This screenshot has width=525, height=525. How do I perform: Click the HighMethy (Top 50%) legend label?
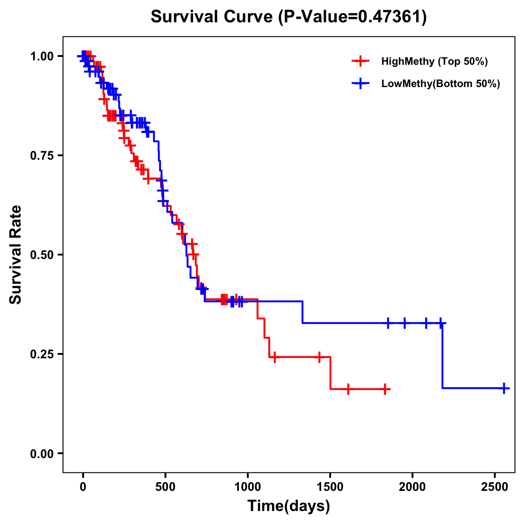coord(434,61)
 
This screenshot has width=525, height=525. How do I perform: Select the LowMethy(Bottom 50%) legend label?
coord(441,84)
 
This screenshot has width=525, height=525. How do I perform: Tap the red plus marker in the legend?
coord(360,61)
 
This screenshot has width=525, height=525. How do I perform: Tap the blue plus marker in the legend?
coord(360,84)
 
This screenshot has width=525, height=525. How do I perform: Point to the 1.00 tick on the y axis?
coord(42,56)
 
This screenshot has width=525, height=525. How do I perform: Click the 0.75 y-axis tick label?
coord(42,155)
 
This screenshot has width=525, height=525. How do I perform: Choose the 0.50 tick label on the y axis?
coord(42,255)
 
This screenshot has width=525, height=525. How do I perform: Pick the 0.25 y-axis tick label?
coord(42,354)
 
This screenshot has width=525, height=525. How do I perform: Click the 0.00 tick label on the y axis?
coord(42,453)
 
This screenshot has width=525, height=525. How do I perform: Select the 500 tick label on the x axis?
coord(165,485)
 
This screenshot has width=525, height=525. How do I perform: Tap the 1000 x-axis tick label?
coord(248,485)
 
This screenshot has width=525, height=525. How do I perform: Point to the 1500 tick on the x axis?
coord(330,485)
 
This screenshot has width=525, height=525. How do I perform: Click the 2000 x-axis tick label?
coord(412,485)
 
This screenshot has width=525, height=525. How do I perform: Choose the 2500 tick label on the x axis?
coord(494,485)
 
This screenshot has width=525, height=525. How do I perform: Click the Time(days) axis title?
coord(289,506)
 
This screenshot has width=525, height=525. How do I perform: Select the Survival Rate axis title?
coord(16,255)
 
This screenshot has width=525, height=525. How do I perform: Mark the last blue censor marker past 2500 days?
coord(504,388)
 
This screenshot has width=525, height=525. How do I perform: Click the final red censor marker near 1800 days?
coord(385,389)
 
